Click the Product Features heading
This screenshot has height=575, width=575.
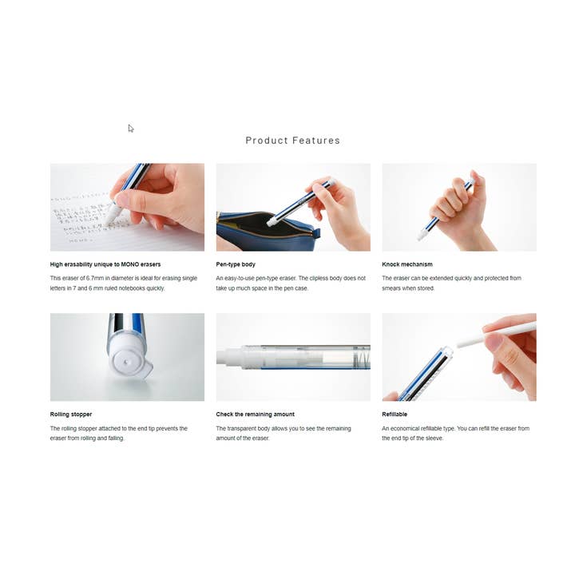[x=292, y=141]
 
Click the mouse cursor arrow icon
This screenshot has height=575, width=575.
[x=131, y=129]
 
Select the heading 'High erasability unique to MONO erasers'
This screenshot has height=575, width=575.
[x=105, y=264]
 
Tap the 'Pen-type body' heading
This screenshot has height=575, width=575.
[x=236, y=264]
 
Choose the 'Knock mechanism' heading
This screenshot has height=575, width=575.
[x=407, y=264]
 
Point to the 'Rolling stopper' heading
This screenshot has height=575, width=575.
[x=71, y=414]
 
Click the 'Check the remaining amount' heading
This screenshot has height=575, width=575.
[x=255, y=414]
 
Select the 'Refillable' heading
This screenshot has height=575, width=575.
[x=396, y=414]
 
